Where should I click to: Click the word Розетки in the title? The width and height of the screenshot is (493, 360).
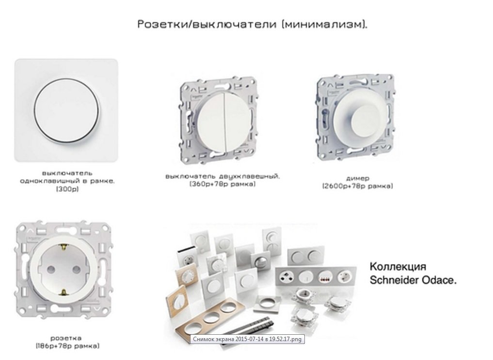[x=162, y=24]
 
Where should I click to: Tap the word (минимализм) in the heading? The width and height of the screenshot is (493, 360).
[x=324, y=24]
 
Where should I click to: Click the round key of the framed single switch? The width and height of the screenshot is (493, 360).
[x=67, y=110]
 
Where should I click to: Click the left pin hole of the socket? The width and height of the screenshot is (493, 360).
[x=50, y=269]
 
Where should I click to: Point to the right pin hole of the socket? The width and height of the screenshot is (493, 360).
[x=77, y=269]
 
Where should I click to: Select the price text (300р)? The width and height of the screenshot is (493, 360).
[x=67, y=189]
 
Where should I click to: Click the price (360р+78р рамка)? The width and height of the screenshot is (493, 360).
[x=223, y=184]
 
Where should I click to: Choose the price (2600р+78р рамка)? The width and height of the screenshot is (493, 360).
[x=357, y=186]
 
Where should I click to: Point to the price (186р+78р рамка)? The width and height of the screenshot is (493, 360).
[x=67, y=346]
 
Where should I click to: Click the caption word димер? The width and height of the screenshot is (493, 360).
[x=357, y=178]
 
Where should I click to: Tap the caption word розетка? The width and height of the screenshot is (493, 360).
[x=66, y=338]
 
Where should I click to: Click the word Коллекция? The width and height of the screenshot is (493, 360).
[x=398, y=266]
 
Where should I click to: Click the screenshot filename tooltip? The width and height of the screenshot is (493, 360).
[x=247, y=339]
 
